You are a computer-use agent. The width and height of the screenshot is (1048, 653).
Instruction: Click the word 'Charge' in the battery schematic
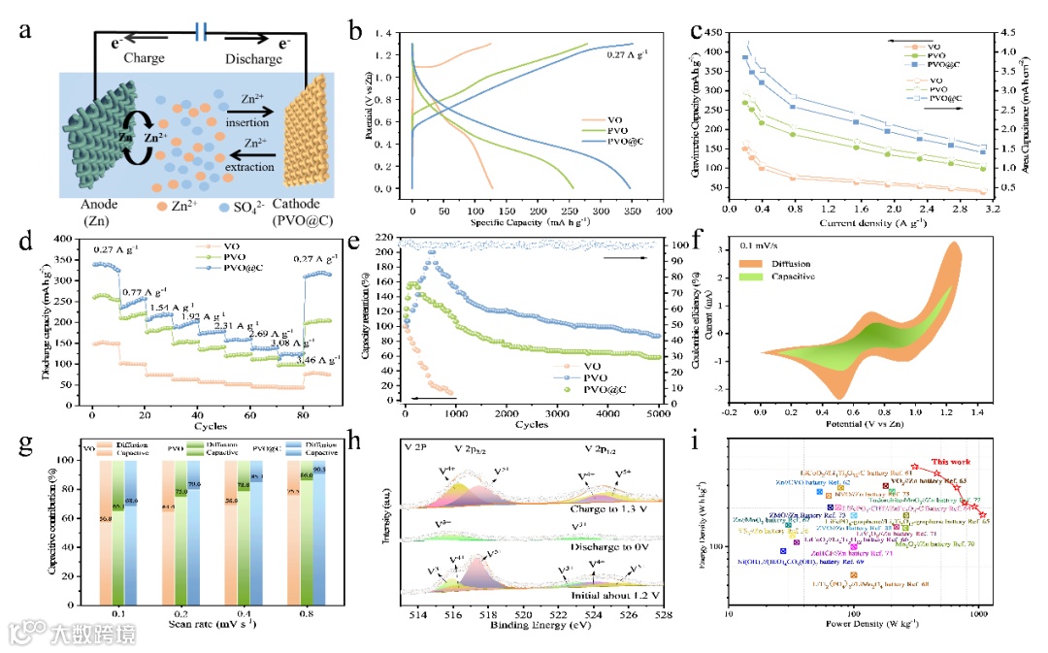pyautogui.click(x=145, y=58)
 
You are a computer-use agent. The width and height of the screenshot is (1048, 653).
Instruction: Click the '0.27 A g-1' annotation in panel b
pyautogui.click(x=626, y=54)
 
